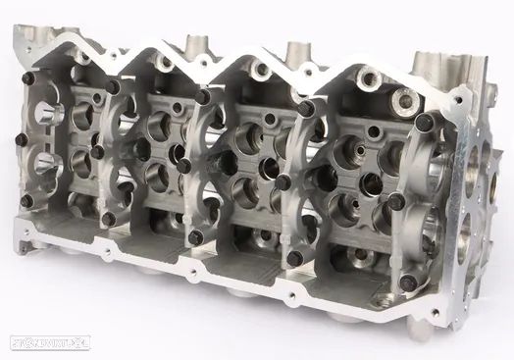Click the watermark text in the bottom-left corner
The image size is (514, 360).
[x=39, y=343]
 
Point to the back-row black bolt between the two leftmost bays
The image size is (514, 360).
[x=115, y=87]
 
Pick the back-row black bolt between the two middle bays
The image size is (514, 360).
[x=202, y=96]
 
